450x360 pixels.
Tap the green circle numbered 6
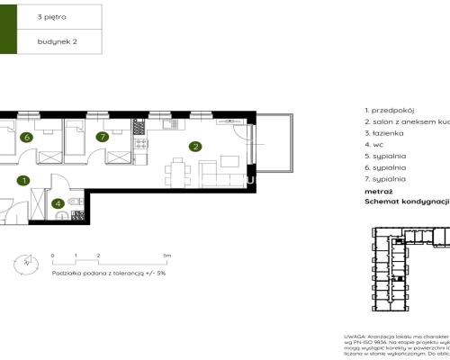pyautogui.click(x=28, y=138)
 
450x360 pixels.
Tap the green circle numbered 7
pyautogui.click(x=103, y=138)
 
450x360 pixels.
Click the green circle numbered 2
pyautogui.click(x=194, y=146)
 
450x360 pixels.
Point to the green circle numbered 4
pyautogui.click(x=58, y=203)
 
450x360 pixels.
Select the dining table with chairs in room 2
pyautogui.click(x=176, y=171)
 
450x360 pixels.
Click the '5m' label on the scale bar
pyautogui.click(x=167, y=256)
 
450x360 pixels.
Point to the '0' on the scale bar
pyautogui.click(x=53, y=256)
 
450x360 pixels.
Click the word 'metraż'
pyautogui.click(x=379, y=191)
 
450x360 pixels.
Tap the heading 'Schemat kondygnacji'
pyautogui.click(x=406, y=202)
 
